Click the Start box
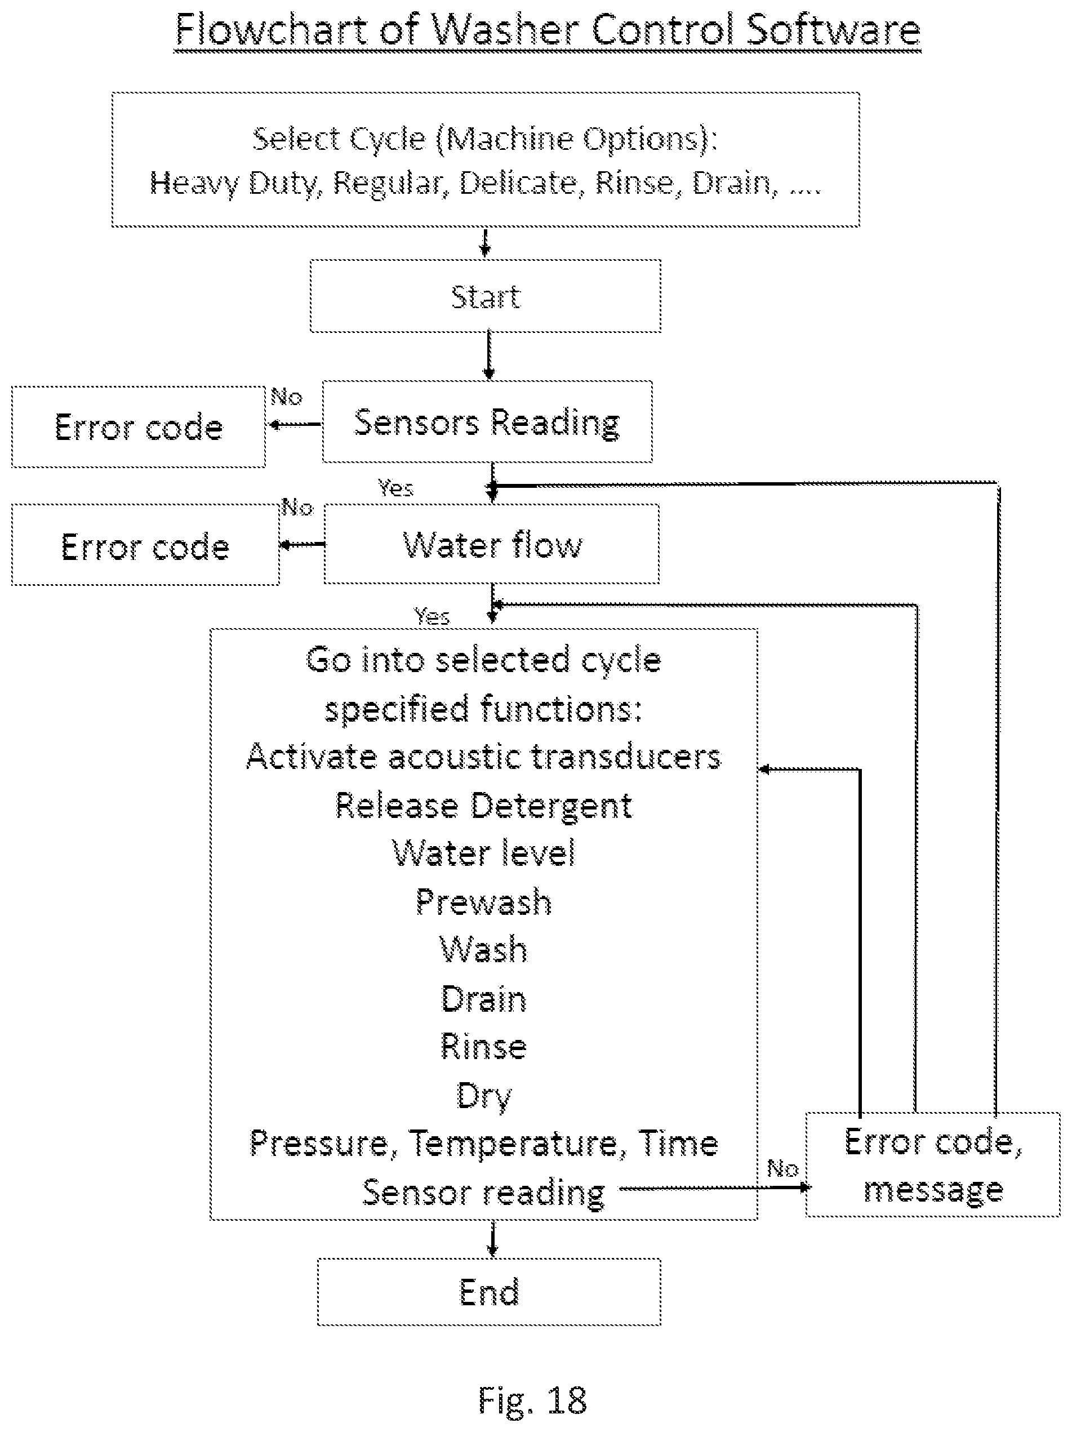pos(486,296)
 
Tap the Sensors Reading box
pos(487,421)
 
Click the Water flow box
pos(491,544)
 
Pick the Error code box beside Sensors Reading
pos(139,426)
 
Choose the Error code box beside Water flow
pos(146,545)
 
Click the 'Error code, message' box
pos(933,1164)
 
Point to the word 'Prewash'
pos(483,902)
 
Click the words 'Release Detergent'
pos(483,806)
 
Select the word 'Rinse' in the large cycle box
pos(483,1046)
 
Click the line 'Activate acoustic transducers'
pos(483,756)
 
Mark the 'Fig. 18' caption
pos(532,1400)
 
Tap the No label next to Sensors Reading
pos(286,396)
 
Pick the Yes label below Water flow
pos(432,616)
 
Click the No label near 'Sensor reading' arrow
pos(782,1168)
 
